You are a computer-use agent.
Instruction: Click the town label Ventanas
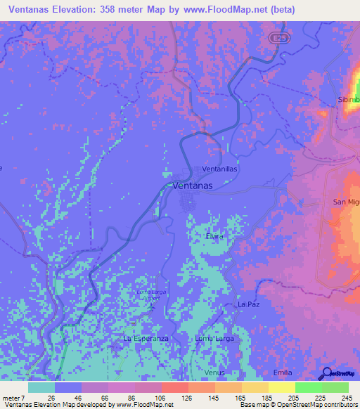click(193, 186)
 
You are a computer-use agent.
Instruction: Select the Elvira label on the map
click(214, 237)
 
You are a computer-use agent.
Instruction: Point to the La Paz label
click(249, 304)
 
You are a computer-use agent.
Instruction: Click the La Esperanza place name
click(146, 338)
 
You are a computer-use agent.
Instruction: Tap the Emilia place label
click(283, 372)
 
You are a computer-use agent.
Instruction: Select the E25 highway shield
click(280, 36)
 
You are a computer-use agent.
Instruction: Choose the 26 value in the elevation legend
click(52, 398)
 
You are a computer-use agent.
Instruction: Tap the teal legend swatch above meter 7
click(41, 387)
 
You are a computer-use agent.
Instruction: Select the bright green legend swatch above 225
click(309, 387)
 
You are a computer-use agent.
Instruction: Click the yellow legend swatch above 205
click(282, 387)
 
